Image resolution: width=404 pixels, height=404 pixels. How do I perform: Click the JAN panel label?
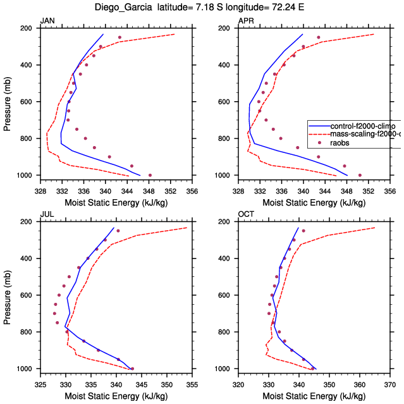47,21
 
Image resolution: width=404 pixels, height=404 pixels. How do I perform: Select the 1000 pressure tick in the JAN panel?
28,175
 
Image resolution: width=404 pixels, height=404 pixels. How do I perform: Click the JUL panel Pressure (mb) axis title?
8,295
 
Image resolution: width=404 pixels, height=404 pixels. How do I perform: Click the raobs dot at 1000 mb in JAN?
150,175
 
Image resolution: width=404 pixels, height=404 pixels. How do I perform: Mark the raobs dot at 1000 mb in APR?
360,175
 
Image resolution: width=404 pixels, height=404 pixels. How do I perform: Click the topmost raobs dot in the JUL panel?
118,231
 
